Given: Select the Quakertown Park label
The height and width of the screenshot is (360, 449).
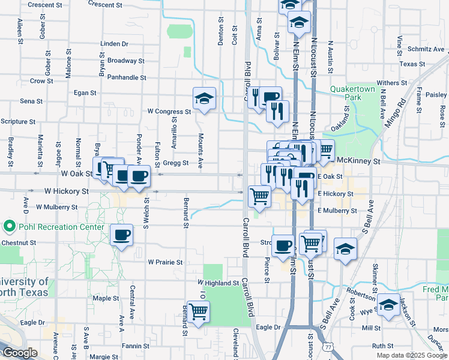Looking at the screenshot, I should (x=352, y=93).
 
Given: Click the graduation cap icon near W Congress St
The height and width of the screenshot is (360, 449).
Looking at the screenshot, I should (x=204, y=98).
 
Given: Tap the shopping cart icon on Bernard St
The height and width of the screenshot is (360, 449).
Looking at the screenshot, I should (x=198, y=311).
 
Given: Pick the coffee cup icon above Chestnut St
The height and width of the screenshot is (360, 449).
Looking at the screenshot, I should (x=122, y=235).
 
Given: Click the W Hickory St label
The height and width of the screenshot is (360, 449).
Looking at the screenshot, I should (x=67, y=191).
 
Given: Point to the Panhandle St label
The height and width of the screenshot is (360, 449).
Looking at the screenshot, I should (x=127, y=77).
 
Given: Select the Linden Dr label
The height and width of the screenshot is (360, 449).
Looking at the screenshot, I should (x=115, y=44).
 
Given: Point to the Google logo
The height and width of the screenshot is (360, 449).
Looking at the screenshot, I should (x=20, y=353).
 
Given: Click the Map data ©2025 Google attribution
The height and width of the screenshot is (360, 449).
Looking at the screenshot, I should (x=412, y=355).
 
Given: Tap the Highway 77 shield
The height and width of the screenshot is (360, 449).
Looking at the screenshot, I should (x=327, y=347).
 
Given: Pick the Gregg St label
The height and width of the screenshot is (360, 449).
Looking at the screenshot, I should (x=176, y=163).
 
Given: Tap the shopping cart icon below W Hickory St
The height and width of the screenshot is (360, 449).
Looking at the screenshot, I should (x=259, y=196).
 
